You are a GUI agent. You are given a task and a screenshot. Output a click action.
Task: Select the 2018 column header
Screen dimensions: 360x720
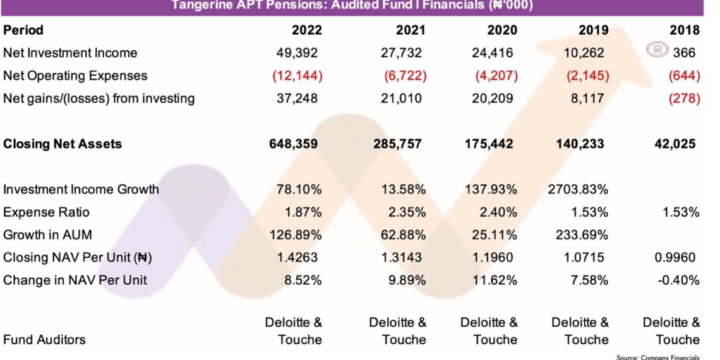[x=685, y=30]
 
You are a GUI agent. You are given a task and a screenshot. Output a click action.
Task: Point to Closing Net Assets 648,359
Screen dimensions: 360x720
[x=293, y=144]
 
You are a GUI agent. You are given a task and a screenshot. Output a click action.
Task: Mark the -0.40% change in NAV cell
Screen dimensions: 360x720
[x=678, y=280]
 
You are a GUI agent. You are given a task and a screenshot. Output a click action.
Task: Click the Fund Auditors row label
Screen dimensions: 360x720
[x=44, y=340]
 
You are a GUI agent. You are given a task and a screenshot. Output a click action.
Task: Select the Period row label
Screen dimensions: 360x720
[x=23, y=30]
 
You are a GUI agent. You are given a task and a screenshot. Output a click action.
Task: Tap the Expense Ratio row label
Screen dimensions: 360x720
[x=46, y=212]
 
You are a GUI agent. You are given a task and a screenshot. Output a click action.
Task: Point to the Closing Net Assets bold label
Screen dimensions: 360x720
[x=63, y=144]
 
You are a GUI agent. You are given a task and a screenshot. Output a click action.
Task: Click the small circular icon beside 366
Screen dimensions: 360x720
[x=657, y=51]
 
